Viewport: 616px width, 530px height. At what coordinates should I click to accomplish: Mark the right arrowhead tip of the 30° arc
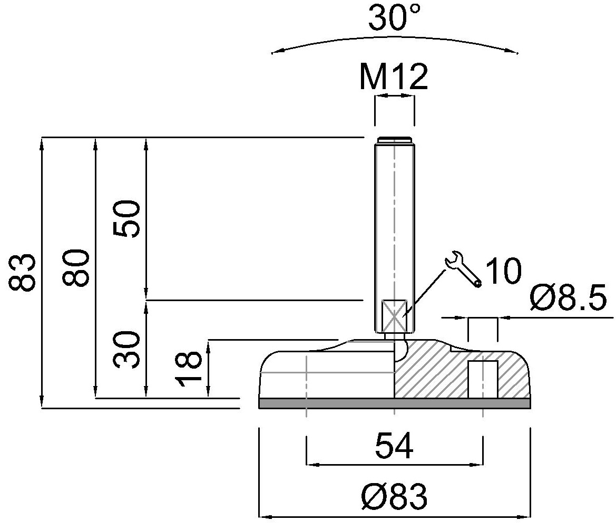point(518,53)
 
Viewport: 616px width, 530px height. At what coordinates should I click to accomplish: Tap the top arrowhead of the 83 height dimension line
point(42,138)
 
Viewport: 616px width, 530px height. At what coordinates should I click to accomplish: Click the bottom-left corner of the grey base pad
point(259,408)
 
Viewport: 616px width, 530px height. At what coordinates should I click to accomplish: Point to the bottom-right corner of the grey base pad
point(530,408)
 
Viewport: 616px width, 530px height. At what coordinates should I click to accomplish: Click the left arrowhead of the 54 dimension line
point(307,464)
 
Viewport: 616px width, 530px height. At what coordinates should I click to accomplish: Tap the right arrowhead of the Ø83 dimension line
point(530,517)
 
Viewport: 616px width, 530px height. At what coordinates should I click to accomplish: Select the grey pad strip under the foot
point(395,403)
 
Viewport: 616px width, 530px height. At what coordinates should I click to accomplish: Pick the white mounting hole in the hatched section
point(483,379)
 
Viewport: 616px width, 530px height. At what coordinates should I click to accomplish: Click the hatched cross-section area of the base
point(462,370)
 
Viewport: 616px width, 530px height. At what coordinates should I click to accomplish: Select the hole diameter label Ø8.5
point(568,298)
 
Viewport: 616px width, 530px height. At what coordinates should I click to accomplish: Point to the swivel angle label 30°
point(394,18)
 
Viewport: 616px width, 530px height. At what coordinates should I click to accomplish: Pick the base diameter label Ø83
point(394,497)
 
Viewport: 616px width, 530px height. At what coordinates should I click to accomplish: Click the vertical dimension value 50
point(126,219)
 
